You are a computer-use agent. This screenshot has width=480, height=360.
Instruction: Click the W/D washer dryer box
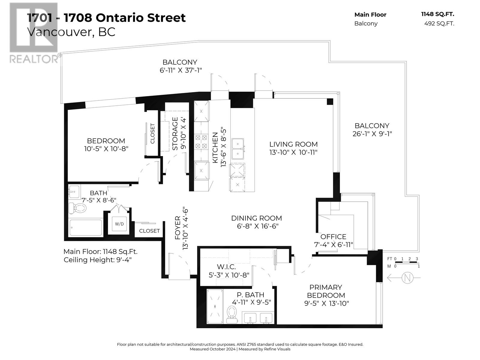coord(119,224)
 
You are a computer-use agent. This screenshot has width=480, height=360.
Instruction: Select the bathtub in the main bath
coord(86,228)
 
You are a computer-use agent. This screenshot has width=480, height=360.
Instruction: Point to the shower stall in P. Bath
coord(215,306)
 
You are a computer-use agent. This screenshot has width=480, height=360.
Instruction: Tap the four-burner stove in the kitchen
coord(201,142)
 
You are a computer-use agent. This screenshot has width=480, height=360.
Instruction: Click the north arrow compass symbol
coord(407,278)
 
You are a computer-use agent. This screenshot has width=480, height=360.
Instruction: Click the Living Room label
coord(293,144)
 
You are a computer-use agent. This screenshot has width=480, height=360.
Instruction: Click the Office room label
coord(333,237)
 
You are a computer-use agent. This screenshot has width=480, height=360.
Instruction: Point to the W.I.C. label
coord(226,267)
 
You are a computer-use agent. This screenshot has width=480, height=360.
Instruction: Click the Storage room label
coord(175,133)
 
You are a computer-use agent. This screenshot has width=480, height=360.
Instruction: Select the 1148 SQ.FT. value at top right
coord(437,14)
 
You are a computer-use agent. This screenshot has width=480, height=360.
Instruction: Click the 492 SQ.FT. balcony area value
coord(439,23)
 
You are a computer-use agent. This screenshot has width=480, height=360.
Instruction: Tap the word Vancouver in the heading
coord(58,32)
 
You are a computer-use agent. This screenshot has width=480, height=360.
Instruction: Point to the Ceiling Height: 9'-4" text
coord(97,260)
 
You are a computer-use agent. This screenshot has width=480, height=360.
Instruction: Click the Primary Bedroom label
coord(326,291)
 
